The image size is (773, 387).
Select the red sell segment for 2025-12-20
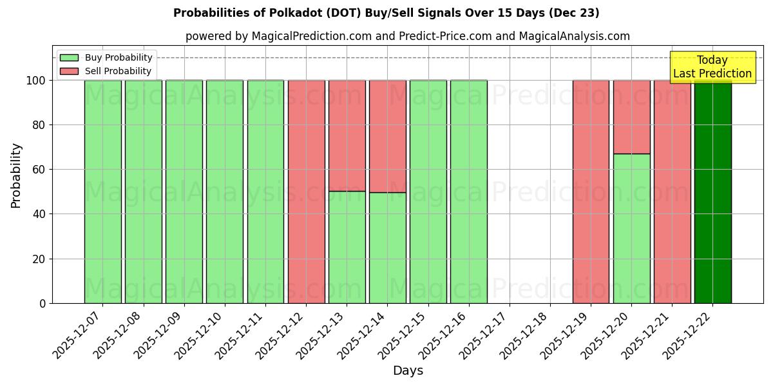pyautogui.click(x=631, y=117)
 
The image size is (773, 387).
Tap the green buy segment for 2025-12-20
pyautogui.click(x=631, y=228)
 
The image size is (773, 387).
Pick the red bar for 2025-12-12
pyautogui.click(x=306, y=192)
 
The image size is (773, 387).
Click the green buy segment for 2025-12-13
pyautogui.click(x=347, y=247)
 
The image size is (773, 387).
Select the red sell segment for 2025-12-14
pyautogui.click(x=387, y=136)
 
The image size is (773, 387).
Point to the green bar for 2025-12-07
pyautogui.click(x=102, y=192)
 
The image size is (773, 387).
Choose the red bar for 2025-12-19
pyautogui.click(x=591, y=192)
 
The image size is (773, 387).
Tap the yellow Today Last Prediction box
pyautogui.click(x=712, y=67)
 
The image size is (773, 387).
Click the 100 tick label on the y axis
pyautogui.click(x=36, y=81)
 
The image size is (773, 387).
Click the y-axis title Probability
pyautogui.click(x=16, y=175)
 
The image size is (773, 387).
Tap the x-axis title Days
pyautogui.click(x=408, y=371)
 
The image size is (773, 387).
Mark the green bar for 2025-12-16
pyautogui.click(x=468, y=192)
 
